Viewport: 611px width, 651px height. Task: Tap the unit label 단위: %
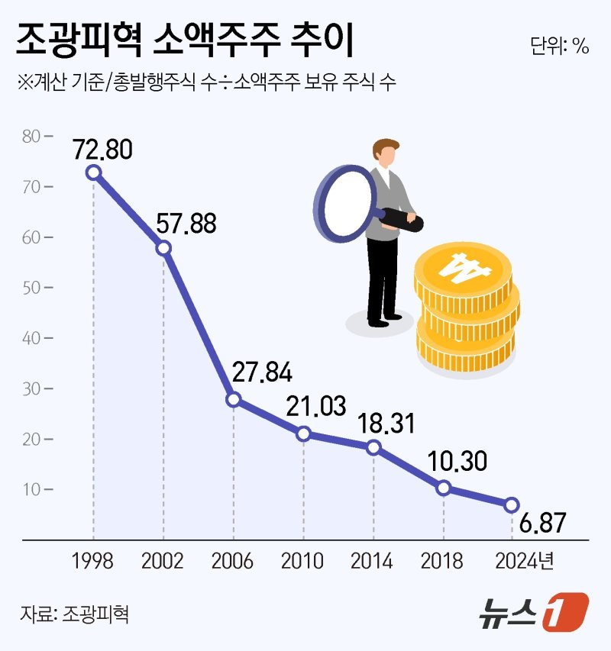tap(559, 46)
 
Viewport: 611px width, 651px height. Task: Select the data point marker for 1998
tap(93, 172)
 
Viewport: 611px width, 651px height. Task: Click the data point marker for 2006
tap(234, 400)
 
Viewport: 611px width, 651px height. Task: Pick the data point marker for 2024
tap(512, 504)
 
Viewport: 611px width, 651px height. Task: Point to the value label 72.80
tap(102, 148)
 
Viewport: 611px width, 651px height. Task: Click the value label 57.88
tap(186, 223)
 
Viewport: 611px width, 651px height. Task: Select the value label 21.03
tap(315, 406)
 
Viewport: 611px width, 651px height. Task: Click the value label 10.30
tap(458, 461)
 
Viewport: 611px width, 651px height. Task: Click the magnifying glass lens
tap(343, 202)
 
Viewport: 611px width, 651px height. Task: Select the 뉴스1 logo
tap(534, 612)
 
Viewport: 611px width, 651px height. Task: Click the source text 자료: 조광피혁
tap(74, 614)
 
